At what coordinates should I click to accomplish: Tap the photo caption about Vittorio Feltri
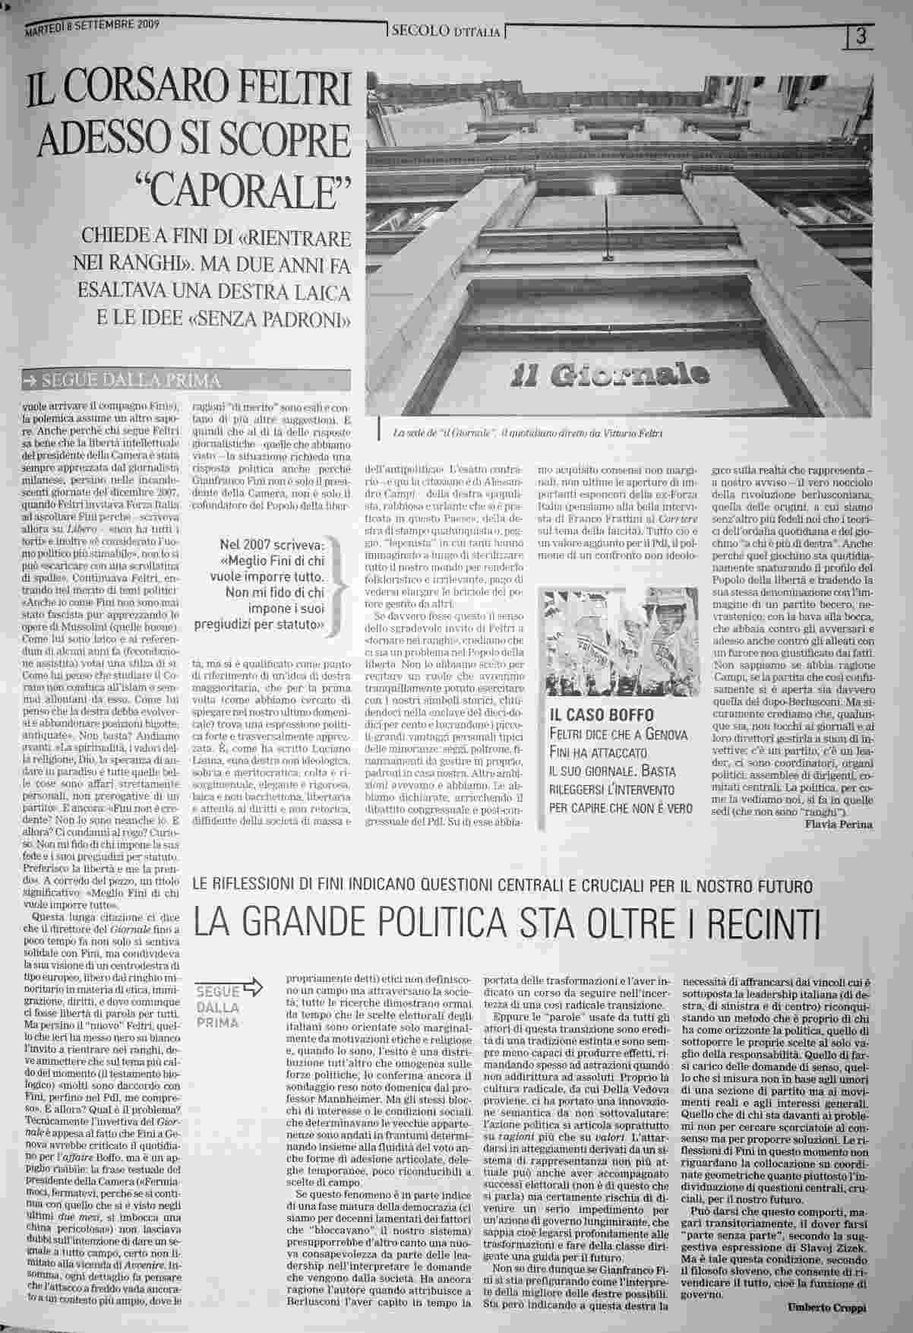pyautogui.click(x=527, y=433)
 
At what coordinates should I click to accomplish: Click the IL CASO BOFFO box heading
pyautogui.click(x=600, y=715)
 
